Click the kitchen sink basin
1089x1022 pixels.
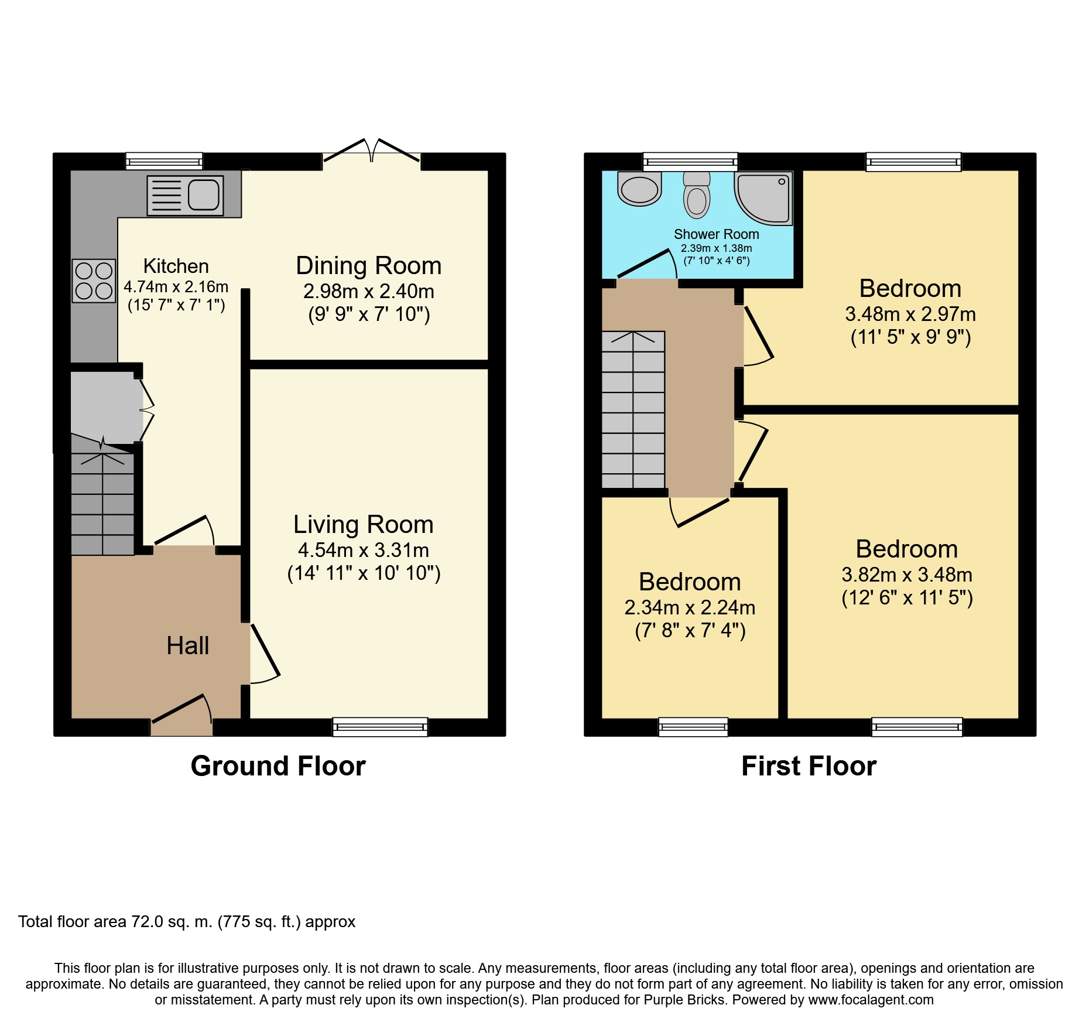tap(204, 194)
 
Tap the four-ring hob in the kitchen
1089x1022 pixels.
tap(94, 281)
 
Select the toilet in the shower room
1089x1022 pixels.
tap(697, 194)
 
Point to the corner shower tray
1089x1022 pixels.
tap(763, 198)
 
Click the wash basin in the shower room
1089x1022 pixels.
tap(639, 188)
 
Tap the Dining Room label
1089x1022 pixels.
tap(369, 265)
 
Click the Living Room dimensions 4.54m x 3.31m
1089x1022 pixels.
tap(364, 550)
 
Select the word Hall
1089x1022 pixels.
tap(188, 645)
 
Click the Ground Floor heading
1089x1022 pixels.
tap(278, 766)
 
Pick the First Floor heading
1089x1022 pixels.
tap(809, 766)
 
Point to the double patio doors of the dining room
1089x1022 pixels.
tap(371, 151)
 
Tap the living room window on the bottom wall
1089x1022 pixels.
tap(380, 727)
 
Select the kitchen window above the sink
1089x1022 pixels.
tap(165, 161)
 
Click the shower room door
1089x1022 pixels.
tap(647, 264)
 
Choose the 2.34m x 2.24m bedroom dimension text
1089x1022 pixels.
tap(690, 607)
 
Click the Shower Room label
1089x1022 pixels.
tap(717, 234)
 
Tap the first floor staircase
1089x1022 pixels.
tap(633, 409)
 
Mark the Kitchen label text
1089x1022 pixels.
tap(176, 266)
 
